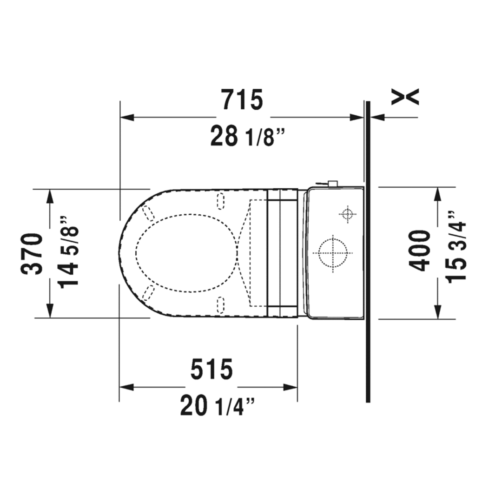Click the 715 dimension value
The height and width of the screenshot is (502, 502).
pos(242,100)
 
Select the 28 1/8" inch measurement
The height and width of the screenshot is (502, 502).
pos(247,137)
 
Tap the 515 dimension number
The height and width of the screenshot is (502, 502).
pos(211,370)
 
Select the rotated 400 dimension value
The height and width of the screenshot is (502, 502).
pos(421,251)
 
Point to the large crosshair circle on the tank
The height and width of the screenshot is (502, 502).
pos(332,253)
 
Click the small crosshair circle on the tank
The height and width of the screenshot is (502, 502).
pos(347,214)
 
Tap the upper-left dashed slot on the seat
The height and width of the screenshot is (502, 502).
pos(149,213)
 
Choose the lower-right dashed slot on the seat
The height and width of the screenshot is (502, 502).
pos(221,304)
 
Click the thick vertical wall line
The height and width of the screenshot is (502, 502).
pos(368,251)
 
